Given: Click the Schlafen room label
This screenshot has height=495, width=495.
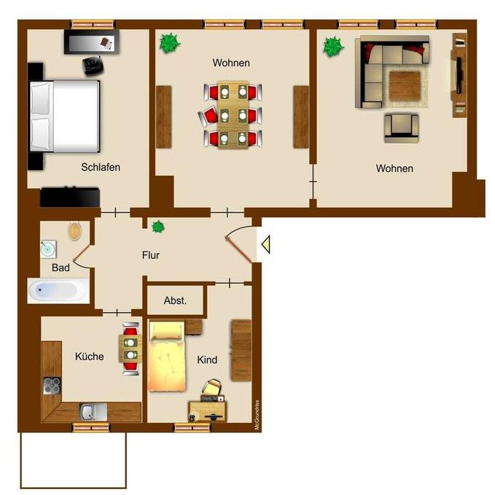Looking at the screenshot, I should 101,167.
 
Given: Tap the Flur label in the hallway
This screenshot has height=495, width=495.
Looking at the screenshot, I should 150,255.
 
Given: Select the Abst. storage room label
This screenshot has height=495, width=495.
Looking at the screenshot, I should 175,300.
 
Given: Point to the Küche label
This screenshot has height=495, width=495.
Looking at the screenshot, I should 90,356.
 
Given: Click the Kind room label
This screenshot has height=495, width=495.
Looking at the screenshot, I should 207,360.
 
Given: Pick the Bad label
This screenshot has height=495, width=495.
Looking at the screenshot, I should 60,268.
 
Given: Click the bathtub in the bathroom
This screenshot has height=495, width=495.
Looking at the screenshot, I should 58,291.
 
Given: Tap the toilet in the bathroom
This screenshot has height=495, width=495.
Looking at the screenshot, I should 75,231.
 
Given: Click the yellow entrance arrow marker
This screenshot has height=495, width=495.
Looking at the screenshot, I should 265,244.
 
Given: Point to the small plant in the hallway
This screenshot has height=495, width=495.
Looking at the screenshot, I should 157,227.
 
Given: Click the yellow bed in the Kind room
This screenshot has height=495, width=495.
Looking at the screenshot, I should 166,357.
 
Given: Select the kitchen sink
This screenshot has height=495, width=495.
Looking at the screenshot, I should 93,412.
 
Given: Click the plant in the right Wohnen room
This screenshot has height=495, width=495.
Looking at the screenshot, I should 334,47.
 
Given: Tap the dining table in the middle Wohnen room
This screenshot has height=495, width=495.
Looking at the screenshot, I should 233,114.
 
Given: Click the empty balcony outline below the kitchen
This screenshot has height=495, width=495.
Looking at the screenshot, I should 73,459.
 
